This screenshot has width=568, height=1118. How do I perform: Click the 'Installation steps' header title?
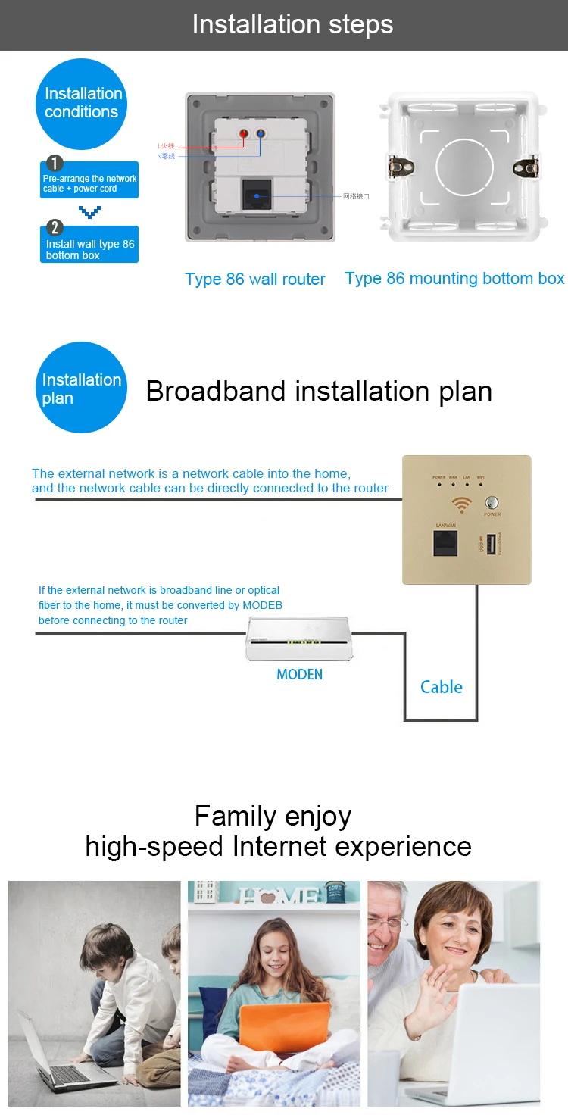pos(292,24)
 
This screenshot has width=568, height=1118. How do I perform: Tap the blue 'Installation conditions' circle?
pos(82,104)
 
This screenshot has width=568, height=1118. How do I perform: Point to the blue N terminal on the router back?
pos(260,135)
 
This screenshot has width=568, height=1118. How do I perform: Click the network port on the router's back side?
pos(260,195)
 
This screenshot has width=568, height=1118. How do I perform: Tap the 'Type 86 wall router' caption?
pos(255,279)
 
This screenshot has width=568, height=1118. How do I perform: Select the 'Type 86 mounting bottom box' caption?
pos(454,279)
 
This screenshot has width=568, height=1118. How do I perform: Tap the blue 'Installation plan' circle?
pos(81,389)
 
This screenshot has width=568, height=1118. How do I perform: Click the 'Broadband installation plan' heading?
pos(319,392)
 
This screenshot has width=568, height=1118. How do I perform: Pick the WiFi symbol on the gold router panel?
pos(462,504)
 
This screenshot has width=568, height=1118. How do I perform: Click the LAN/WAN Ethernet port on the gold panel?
pos(445,543)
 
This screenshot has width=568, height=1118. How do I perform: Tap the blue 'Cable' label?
pos(442,687)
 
